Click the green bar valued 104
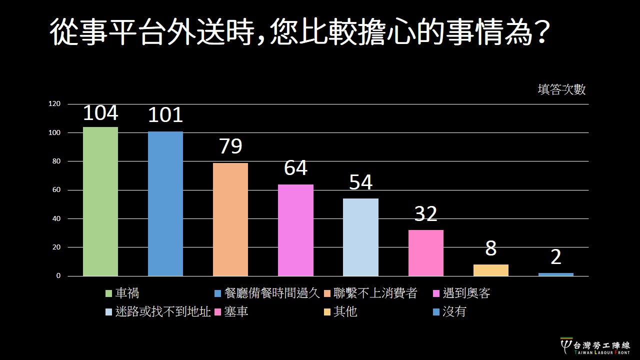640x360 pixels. (x=100, y=201)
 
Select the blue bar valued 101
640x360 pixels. (x=165, y=203)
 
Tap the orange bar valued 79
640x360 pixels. (x=230, y=219)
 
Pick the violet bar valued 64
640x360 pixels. (x=295, y=230)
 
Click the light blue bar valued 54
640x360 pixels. (x=360, y=237)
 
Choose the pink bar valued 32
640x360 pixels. (x=426, y=253)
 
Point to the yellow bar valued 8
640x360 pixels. (x=491, y=270)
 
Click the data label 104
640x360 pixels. (x=100, y=113)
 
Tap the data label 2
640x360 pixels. (x=556, y=257)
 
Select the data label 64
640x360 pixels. (x=295, y=168)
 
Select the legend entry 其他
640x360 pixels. (x=345, y=312)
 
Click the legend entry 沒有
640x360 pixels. (x=454, y=312)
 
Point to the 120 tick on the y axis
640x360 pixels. (x=54, y=104)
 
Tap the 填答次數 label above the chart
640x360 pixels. (x=561, y=89)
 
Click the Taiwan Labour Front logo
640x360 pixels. (x=595, y=346)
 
